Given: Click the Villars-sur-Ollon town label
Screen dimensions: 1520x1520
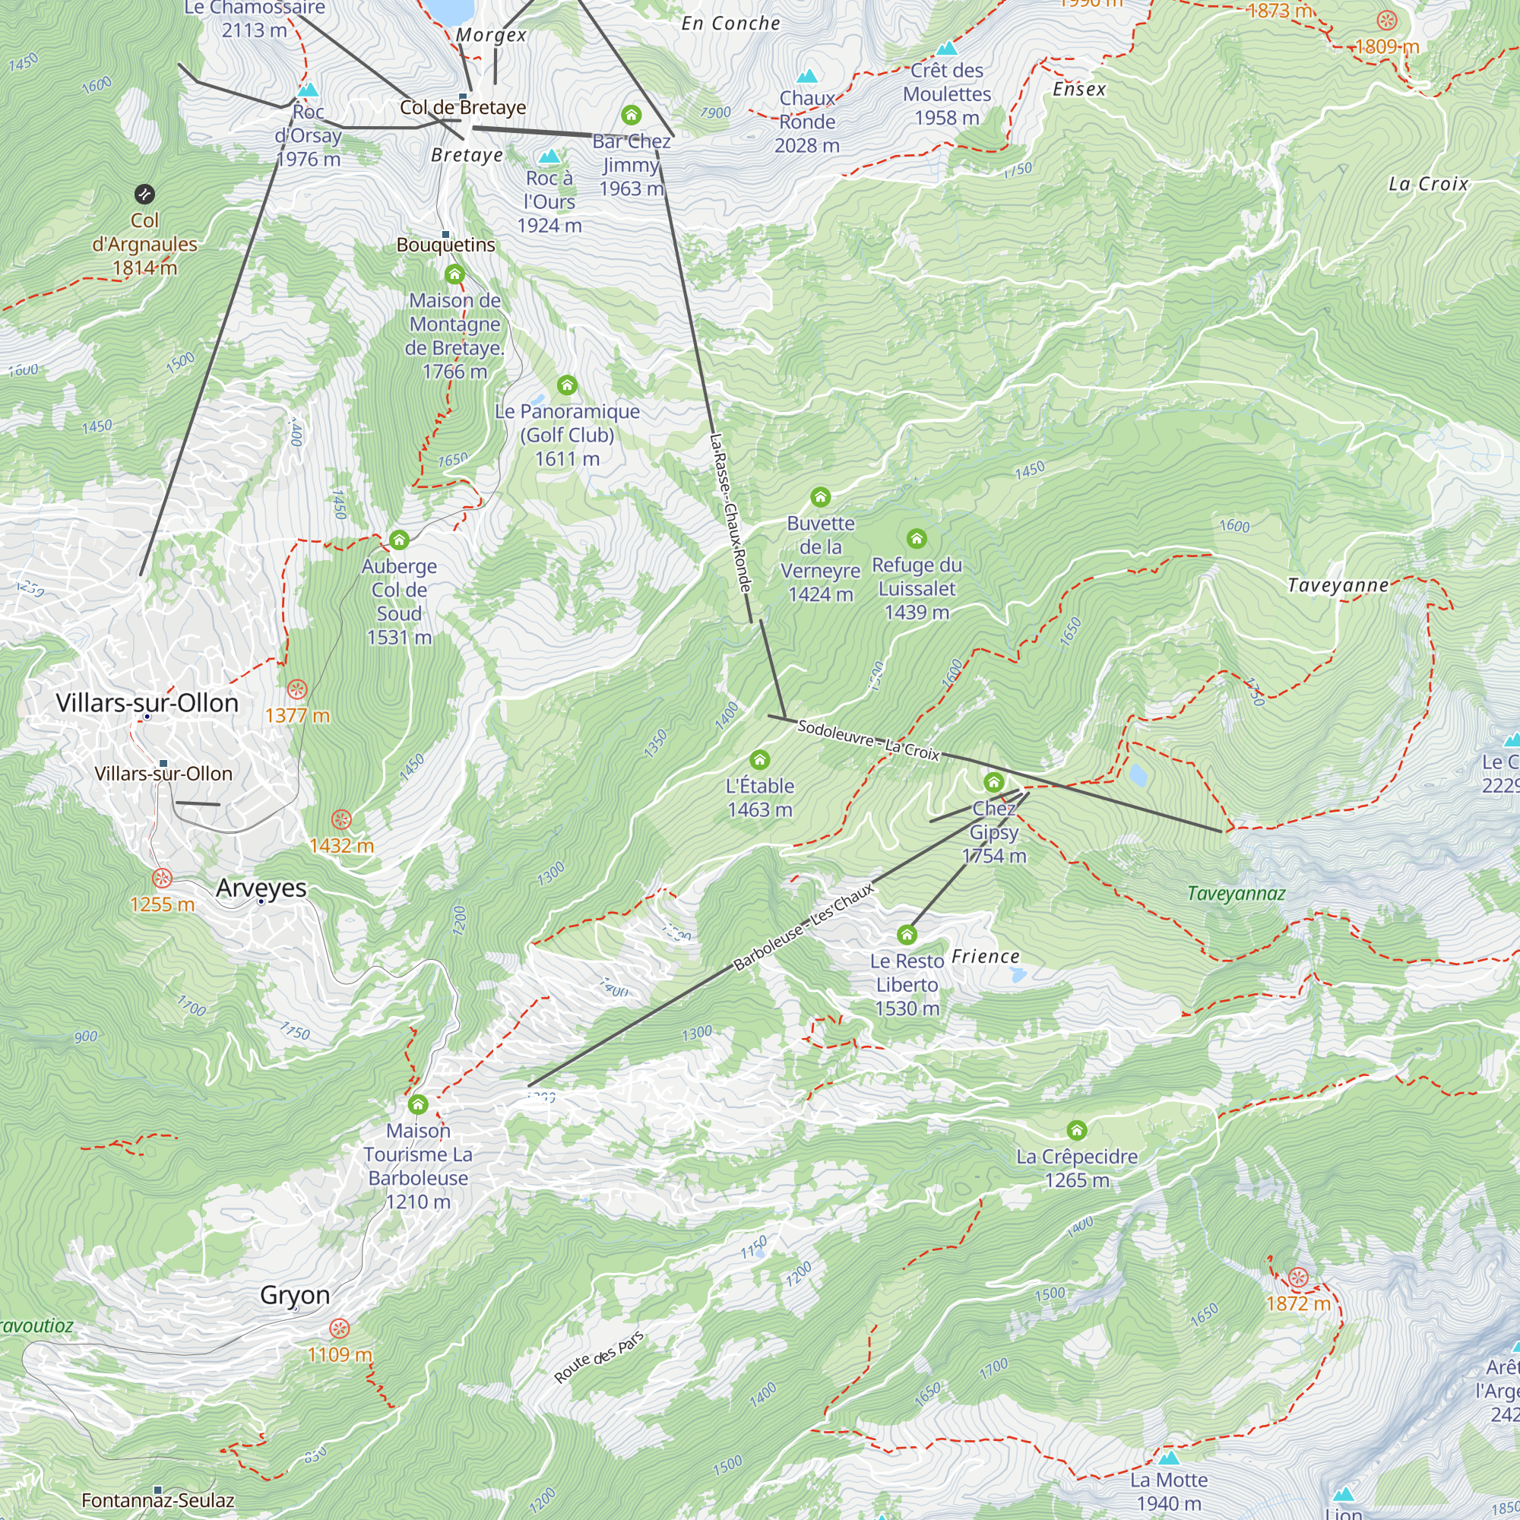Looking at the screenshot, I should [147, 702].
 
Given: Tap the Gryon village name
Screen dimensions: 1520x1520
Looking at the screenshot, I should [295, 1295].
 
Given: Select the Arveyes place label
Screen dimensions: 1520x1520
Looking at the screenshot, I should [261, 888].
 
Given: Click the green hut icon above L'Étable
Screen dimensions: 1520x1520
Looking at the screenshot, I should [759, 759].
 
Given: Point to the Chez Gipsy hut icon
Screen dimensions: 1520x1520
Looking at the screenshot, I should [993, 782].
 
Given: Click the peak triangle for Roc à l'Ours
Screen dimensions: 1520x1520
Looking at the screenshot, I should [549, 157].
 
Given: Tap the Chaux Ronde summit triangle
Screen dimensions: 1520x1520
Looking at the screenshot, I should [807, 76].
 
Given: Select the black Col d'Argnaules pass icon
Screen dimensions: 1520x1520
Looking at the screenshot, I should [144, 195].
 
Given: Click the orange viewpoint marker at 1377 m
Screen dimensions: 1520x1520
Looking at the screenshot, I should [296, 690].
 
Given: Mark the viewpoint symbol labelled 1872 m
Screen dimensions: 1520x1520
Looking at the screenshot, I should [1299, 1277].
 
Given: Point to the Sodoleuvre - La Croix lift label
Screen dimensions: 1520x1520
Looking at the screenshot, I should [869, 740].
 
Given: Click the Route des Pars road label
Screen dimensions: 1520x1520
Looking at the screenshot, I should [599, 1357].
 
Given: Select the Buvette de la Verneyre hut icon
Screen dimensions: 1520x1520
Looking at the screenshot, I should [821, 496].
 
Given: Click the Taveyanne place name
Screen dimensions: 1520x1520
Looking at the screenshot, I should [1338, 585].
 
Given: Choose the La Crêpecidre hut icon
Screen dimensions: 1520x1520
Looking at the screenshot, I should [1077, 1131].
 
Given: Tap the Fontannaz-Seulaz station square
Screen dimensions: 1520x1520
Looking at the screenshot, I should [158, 1490].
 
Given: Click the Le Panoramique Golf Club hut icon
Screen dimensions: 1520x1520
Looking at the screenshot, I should [567, 385].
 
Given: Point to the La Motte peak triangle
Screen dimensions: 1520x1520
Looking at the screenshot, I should [1169, 1458].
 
